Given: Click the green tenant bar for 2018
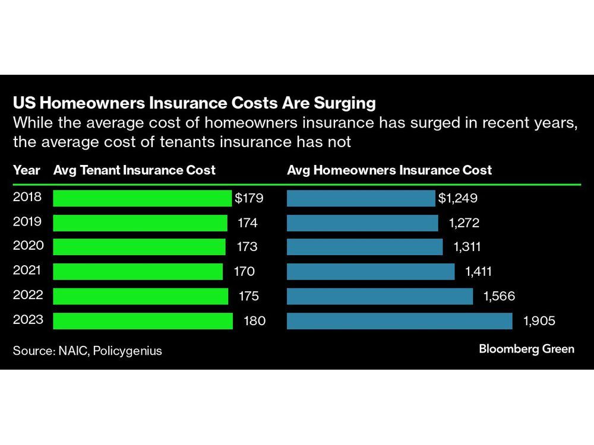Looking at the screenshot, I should click(x=142, y=198).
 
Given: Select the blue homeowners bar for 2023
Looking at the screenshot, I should click(x=399, y=321).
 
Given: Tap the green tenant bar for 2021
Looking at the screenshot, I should click(x=138, y=272).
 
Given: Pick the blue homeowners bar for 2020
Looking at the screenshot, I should click(x=365, y=247).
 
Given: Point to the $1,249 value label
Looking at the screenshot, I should click(x=458, y=198).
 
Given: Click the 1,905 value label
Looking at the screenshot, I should click(x=539, y=321).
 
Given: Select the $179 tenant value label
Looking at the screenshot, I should click(x=249, y=198).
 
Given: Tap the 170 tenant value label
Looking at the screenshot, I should click(x=244, y=272).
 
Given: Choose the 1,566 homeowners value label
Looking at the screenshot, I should click(x=498, y=296).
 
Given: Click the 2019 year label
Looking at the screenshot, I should click(x=27, y=222).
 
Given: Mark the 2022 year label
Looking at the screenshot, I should click(x=27, y=295).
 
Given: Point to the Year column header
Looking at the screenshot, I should click(x=27, y=170).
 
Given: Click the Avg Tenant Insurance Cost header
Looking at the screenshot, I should click(x=134, y=170).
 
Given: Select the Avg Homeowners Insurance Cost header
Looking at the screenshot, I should click(x=389, y=170).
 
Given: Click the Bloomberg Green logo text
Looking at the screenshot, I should click(x=526, y=349).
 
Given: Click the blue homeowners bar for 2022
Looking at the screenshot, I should click(x=380, y=296).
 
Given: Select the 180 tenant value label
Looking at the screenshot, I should click(x=255, y=321).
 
